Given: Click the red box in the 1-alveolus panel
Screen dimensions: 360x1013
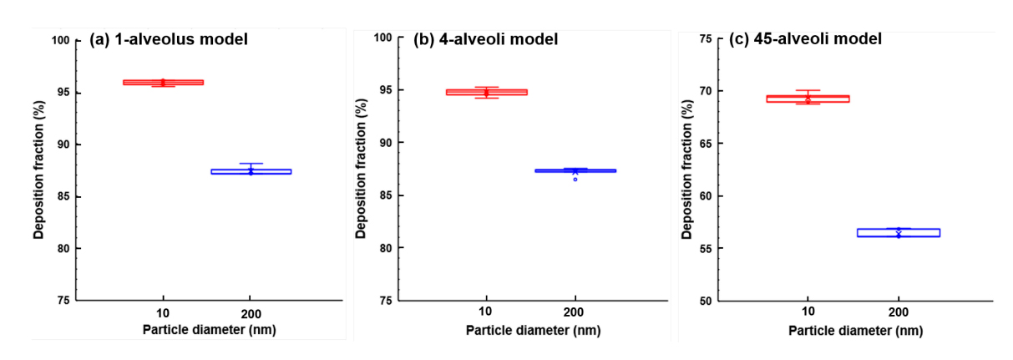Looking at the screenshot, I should (x=163, y=82).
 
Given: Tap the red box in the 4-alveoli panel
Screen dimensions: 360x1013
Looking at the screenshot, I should (x=486, y=92).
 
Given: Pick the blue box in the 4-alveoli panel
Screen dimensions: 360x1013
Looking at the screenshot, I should (x=575, y=170).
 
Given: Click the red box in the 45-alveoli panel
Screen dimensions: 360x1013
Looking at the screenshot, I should (x=808, y=99).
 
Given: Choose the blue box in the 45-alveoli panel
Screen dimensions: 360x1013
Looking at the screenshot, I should (x=899, y=232).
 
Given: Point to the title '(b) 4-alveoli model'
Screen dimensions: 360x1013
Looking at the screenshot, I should (x=486, y=38).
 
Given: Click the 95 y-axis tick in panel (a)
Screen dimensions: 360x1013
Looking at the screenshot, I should (x=62, y=92).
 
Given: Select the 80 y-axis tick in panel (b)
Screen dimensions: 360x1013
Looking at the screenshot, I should (x=386, y=248).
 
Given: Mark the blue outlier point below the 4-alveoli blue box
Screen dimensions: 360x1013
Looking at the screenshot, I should (x=575, y=180).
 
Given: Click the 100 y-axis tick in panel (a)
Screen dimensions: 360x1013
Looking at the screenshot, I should (x=59, y=40).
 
